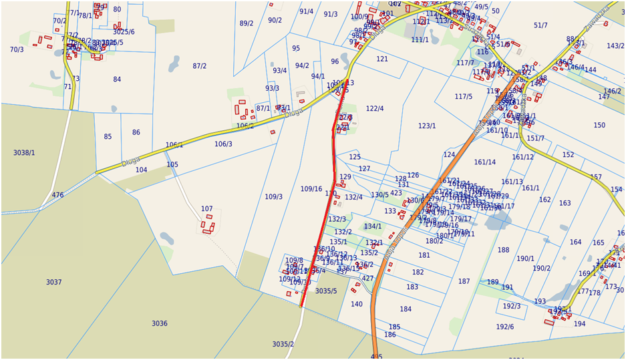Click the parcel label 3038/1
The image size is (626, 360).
point(24,153)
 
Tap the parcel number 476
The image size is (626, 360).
point(58,195)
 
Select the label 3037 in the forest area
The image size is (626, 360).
point(54,283)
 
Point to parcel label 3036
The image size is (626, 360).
point(159,323)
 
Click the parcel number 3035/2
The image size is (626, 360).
point(283,344)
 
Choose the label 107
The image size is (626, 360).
point(207,209)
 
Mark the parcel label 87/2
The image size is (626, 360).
point(199,66)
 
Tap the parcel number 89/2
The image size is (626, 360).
point(247,23)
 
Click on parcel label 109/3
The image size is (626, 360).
point(273,196)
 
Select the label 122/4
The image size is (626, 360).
point(375,109)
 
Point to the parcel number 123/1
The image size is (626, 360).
point(427,126)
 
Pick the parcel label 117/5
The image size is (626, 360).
point(464,97)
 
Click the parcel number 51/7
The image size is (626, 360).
point(540,25)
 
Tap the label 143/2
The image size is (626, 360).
point(615,46)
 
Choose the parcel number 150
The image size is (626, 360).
point(599,126)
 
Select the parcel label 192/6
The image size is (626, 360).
point(505,327)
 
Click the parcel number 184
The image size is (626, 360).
point(406,309)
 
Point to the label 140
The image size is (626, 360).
point(357,304)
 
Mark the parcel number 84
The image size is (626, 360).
point(117,79)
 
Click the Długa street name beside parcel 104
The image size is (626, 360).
point(131,161)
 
